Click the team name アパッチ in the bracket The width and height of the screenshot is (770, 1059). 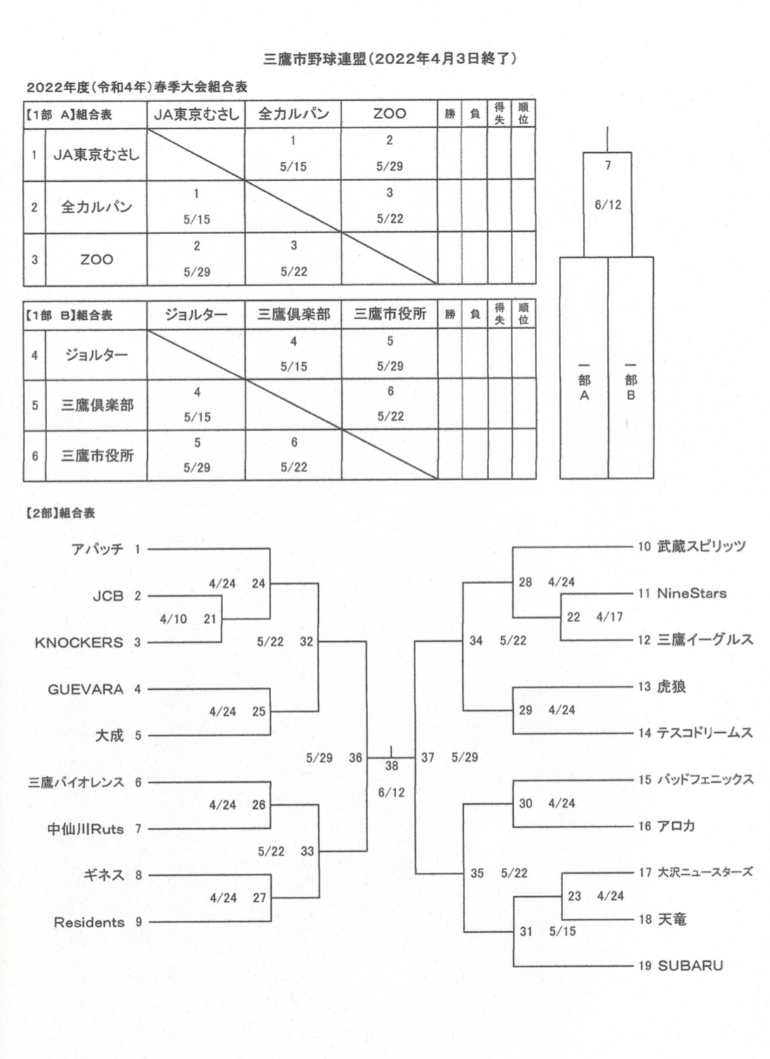point(97,549)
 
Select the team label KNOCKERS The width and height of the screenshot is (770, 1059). point(79,643)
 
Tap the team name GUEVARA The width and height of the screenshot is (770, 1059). point(85,689)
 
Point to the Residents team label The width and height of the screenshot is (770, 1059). point(89,922)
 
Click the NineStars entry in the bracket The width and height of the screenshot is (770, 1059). point(692,593)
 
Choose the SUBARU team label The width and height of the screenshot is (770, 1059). point(690,966)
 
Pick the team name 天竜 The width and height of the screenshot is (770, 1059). point(671,919)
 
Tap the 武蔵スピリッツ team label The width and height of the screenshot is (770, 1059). point(701,547)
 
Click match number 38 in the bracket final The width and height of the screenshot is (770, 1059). point(391,766)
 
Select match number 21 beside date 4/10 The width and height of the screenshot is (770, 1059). point(210,619)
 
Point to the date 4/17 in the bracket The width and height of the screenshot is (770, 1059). point(610,617)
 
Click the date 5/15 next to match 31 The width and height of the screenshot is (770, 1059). point(562,931)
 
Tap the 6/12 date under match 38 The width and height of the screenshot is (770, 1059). point(391,793)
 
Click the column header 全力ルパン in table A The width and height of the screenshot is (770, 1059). point(294,114)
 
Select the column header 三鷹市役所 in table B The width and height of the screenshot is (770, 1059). point(390,314)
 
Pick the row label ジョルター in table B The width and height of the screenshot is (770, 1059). point(97,355)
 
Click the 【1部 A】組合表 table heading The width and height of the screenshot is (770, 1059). point(68,115)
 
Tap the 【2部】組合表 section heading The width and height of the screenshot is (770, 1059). point(60,514)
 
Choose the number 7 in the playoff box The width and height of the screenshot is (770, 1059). point(608,166)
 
